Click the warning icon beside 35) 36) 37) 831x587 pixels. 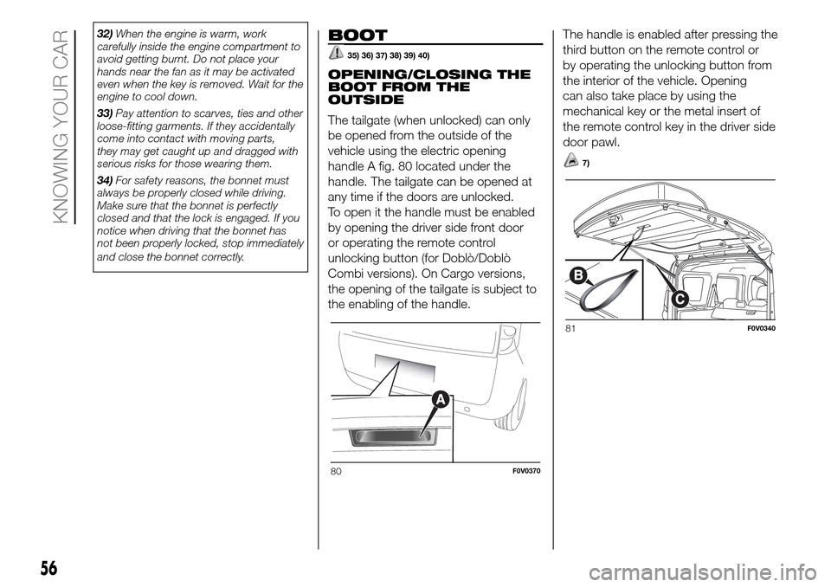tap(336, 55)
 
